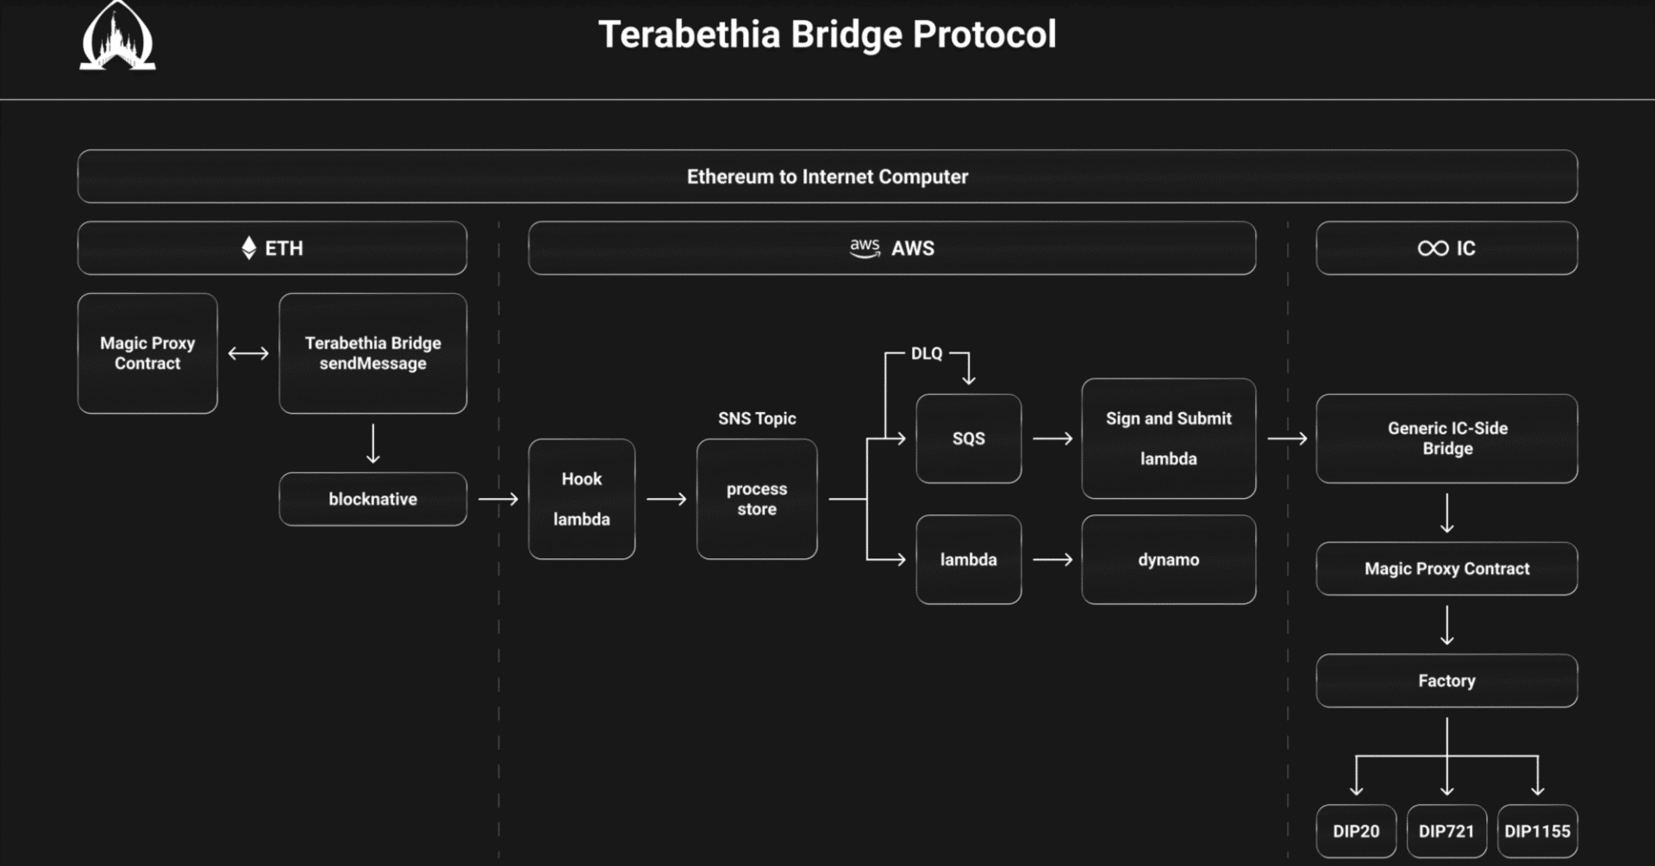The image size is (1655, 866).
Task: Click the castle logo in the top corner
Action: point(117,38)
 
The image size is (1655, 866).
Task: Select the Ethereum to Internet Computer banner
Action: point(827,177)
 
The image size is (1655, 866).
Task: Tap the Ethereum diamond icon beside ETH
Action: point(249,248)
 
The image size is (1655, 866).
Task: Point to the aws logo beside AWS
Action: point(865,248)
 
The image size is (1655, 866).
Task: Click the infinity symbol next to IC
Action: point(1433,248)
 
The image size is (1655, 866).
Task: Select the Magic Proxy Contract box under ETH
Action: point(147,353)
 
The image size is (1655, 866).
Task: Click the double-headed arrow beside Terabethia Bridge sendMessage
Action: point(248,353)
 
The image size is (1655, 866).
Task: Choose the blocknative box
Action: point(372,499)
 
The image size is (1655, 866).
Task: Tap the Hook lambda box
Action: point(582,499)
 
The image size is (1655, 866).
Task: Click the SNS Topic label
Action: point(757,418)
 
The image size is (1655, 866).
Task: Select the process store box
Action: point(757,499)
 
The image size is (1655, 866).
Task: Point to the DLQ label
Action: point(927,353)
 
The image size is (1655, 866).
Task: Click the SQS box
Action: point(968,439)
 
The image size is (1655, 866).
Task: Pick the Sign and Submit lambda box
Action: point(1168,439)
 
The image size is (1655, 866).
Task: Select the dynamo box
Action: point(1168,559)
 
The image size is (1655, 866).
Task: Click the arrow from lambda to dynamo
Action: point(1052,559)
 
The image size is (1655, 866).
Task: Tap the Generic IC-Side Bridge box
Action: point(1446,439)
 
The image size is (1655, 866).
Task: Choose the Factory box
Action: point(1446,681)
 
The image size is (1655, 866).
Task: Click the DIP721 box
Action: point(1446,831)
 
